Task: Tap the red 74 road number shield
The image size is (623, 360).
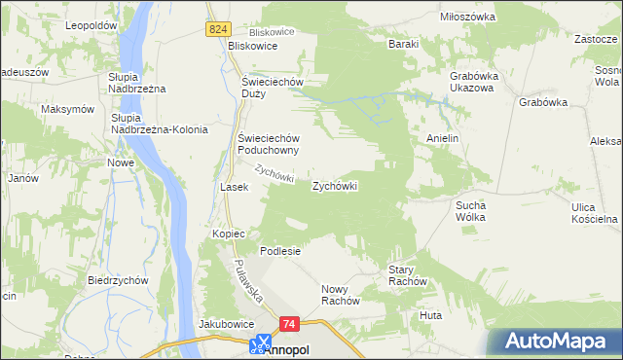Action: [288, 323]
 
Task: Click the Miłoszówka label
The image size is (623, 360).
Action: [467, 18]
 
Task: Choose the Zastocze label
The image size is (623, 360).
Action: [598, 40]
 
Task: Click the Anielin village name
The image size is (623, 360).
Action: [442, 138]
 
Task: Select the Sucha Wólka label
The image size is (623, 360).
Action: [477, 211]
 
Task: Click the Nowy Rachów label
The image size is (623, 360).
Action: [341, 295]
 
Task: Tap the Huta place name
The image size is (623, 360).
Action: [429, 315]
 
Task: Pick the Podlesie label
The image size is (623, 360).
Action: [279, 250]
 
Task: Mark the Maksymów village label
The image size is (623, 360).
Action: [67, 109]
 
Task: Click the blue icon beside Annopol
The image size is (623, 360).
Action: [259, 343]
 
